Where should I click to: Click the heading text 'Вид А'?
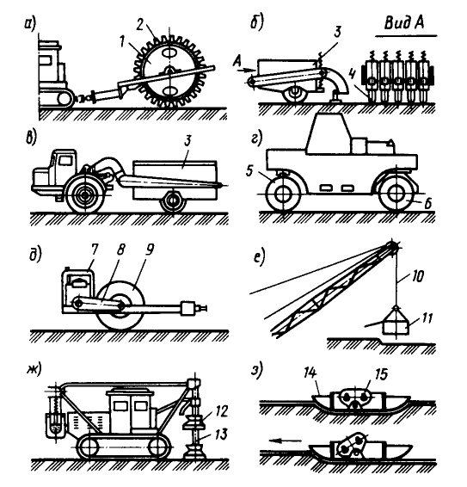[404, 23]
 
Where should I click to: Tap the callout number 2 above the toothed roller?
[140, 25]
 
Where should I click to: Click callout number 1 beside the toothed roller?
[122, 41]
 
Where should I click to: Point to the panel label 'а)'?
[30, 25]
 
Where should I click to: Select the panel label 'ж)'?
[34, 370]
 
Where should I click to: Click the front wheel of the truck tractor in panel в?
[83, 194]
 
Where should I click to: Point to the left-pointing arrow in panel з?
[286, 440]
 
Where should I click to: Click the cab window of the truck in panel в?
[65, 161]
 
